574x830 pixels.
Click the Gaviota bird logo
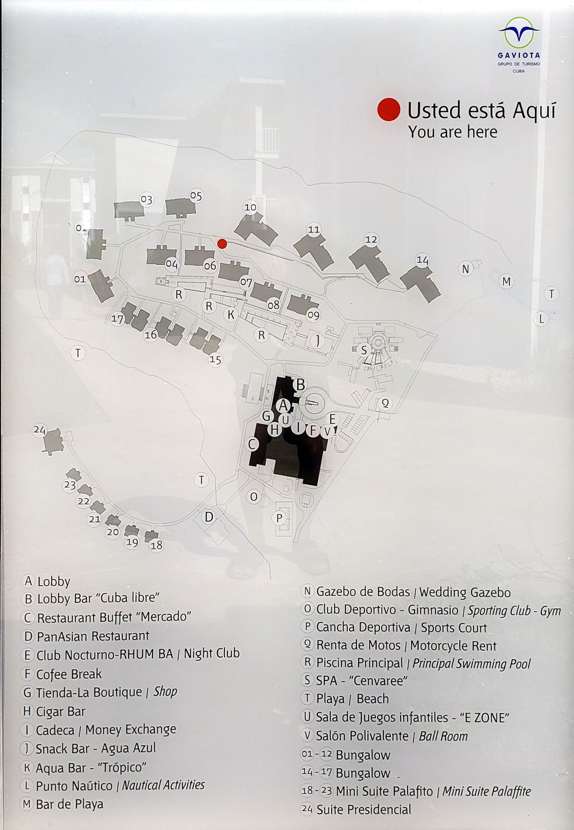tap(519, 33)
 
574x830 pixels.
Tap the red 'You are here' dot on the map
tap(222, 244)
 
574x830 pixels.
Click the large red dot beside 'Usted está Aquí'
tap(389, 110)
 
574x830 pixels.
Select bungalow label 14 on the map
tap(422, 260)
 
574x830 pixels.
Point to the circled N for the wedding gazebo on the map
tap(466, 269)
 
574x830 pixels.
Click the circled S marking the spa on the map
tap(364, 350)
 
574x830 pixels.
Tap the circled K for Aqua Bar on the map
tap(231, 315)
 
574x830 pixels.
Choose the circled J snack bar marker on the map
tap(317, 340)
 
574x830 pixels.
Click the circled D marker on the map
tap(209, 516)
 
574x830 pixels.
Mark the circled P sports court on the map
tap(280, 518)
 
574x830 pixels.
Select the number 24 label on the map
tap(40, 430)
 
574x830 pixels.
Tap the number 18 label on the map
tap(157, 545)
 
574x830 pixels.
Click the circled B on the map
tap(300, 384)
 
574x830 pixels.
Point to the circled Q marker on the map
tap(385, 403)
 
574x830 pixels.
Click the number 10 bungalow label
tap(250, 207)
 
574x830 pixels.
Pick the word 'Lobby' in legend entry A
tap(54, 581)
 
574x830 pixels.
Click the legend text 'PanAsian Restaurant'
tap(93, 636)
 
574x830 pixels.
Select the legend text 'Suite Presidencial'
tap(363, 809)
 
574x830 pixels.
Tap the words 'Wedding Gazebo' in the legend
tap(465, 592)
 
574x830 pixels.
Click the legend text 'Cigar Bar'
tap(60, 711)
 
